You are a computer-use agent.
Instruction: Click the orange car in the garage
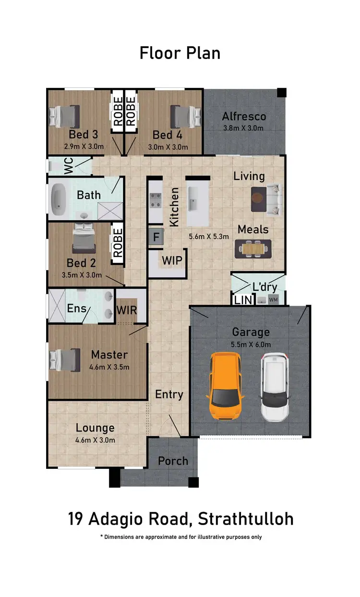tap(225, 386)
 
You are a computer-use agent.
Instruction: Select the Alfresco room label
tap(244, 116)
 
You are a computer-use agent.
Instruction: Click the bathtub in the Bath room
tap(59, 198)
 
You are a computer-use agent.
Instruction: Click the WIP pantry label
tap(171, 261)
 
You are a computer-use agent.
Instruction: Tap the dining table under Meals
tap(252, 248)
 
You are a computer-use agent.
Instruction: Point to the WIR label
tap(127, 310)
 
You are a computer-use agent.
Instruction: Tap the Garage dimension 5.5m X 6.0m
tap(251, 344)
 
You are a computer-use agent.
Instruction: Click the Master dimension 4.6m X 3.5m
tap(109, 367)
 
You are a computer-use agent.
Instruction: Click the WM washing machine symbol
tap(273, 300)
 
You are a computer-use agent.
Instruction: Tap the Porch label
tap(173, 461)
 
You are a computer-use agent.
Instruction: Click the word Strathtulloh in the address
tap(245, 519)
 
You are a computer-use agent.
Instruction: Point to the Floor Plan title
tap(180, 53)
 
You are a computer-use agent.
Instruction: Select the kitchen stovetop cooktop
tap(156, 200)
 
